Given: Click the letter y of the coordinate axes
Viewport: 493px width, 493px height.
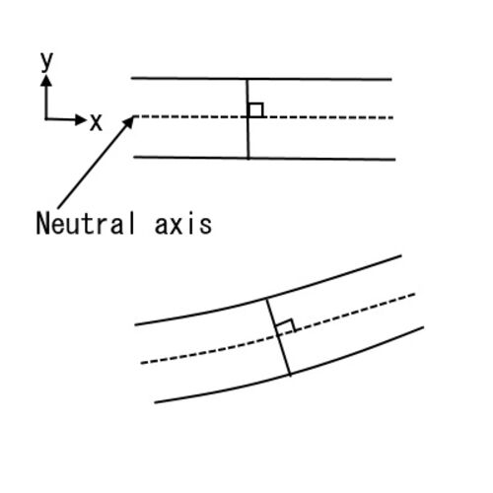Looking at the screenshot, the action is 46,62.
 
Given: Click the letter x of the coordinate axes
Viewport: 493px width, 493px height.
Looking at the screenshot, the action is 96,122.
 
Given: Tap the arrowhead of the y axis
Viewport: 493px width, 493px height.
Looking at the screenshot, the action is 46,81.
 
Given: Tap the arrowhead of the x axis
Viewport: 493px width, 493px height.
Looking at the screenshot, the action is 80,119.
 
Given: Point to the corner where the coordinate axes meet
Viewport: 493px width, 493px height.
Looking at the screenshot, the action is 46,119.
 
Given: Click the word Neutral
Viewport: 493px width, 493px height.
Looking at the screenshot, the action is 86,223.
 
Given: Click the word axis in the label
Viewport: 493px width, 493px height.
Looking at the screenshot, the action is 183,225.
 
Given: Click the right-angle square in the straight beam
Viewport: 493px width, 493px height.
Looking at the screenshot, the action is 255,110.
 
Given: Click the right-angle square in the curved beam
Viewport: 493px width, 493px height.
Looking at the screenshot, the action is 286,326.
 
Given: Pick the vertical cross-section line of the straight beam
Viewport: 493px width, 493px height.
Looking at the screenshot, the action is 247,118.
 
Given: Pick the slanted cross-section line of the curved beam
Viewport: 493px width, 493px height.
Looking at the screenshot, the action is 279,336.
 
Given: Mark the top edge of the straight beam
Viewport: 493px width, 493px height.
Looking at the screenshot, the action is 261,79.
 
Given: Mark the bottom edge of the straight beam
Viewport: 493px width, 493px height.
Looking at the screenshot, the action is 264,159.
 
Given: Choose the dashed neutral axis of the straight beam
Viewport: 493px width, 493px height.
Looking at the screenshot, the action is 263,117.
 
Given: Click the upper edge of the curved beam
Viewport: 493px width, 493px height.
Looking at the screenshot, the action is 268,299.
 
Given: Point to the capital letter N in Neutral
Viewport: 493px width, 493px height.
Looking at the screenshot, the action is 42,223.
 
